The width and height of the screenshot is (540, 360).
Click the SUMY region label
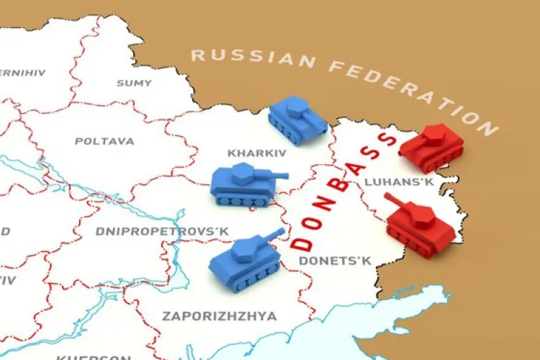(x=134, y=83)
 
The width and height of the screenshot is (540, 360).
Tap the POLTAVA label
(x=104, y=141)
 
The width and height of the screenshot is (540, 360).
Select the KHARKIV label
(x=257, y=153)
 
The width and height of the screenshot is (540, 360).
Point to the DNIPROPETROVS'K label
(x=162, y=231)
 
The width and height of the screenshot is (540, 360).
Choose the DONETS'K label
(x=335, y=261)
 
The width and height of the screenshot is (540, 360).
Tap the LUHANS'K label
(x=399, y=182)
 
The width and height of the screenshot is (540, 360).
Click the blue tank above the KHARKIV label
(x=297, y=121)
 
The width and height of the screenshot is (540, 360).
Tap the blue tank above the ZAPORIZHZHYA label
(x=245, y=257)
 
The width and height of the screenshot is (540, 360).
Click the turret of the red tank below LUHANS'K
(x=421, y=214)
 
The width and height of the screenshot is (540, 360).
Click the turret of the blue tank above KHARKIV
(x=297, y=109)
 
